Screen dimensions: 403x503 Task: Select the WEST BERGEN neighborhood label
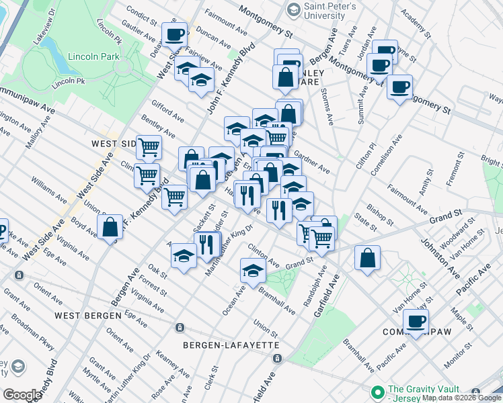point(88,315)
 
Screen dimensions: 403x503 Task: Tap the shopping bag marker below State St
point(367,259)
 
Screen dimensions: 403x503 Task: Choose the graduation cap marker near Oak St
point(184,257)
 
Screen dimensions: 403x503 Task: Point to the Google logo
point(22,394)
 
